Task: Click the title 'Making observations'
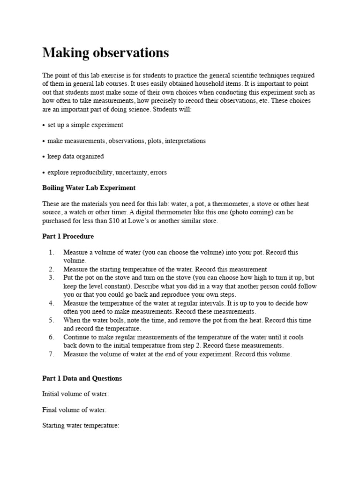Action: (105, 53)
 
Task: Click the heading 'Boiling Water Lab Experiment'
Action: (89, 188)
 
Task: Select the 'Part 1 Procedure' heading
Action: (68, 236)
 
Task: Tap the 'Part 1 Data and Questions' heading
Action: (82, 378)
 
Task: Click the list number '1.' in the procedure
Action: (52, 252)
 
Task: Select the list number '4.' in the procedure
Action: (52, 303)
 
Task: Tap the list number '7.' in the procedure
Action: (52, 354)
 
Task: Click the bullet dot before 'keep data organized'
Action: (44, 157)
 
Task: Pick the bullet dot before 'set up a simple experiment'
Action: (44, 125)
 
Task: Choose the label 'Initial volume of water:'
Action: (75, 394)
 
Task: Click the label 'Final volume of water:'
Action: (74, 410)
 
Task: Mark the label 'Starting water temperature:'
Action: (81, 426)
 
